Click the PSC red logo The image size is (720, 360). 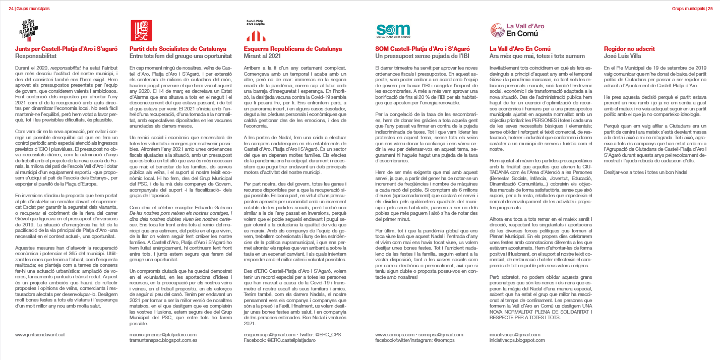[141, 30]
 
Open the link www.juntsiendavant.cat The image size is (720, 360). [40, 334]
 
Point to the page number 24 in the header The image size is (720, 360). [11, 8]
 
